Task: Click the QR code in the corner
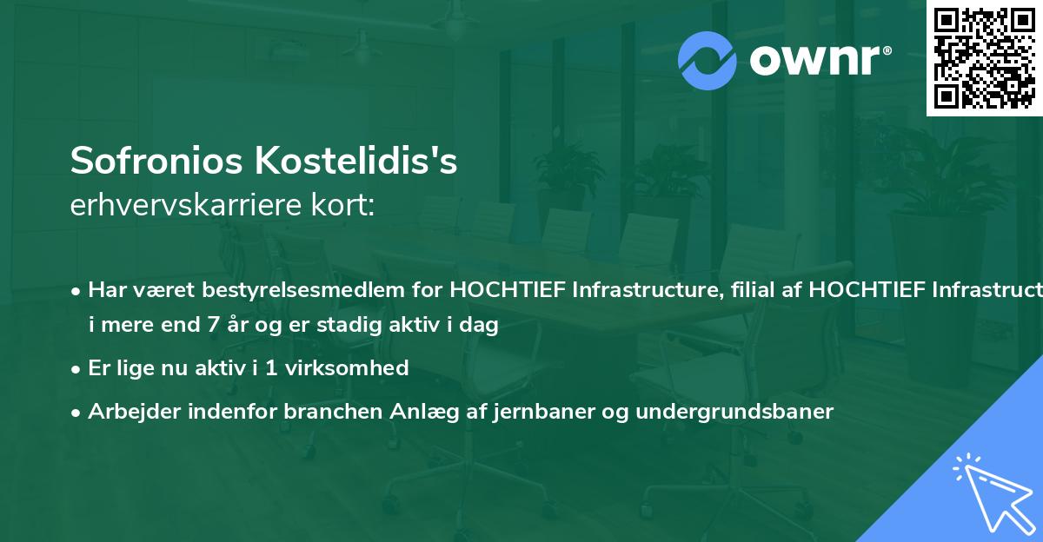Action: [985, 58]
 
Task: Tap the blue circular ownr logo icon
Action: [708, 60]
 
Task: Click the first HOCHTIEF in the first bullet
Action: [492, 289]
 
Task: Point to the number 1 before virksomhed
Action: [273, 368]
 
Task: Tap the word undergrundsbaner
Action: [734, 412]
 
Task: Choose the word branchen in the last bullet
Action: [324, 412]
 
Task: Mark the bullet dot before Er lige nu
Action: [77, 369]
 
